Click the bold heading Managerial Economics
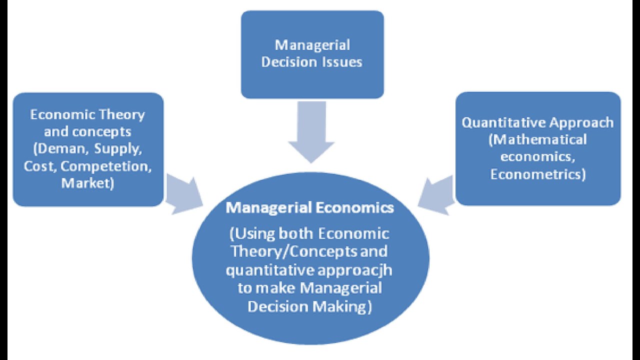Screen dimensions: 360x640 309,207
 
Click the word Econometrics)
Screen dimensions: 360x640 537,174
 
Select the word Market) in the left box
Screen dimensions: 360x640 87,183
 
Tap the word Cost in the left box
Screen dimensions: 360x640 38,166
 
